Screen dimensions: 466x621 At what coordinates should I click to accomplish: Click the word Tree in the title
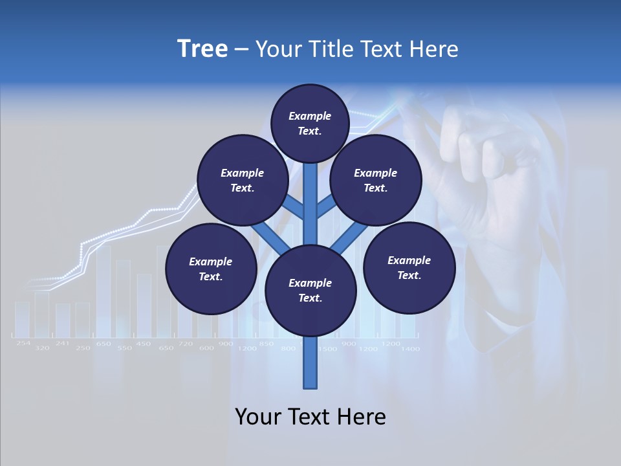coord(202,49)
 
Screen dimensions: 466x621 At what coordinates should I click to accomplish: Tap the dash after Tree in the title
coord(241,50)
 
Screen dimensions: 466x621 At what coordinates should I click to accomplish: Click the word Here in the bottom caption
coord(358,417)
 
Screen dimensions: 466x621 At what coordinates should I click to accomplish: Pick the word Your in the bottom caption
coord(257,417)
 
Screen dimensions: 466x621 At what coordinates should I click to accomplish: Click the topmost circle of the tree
coord(310,123)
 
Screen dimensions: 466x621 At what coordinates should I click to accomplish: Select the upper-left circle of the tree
coord(243,180)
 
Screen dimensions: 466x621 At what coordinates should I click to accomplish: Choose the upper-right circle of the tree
coord(376,180)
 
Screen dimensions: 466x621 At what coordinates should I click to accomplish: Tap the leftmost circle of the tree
coord(211,269)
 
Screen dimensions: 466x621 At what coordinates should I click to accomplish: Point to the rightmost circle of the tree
coord(409,267)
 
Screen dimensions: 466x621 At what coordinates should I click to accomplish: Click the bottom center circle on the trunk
coord(310,290)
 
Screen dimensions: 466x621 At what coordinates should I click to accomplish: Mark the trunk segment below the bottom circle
coord(310,362)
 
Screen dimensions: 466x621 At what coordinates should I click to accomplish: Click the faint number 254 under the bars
coord(23,343)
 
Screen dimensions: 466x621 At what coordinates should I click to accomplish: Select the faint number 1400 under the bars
coord(410,349)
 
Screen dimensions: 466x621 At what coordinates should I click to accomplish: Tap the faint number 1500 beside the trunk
coord(327,349)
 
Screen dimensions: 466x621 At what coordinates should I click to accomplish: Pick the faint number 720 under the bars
coord(186,344)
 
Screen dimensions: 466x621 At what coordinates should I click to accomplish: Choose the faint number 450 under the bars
coord(144,344)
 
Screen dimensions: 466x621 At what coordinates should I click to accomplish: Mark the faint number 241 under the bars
coord(62,343)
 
